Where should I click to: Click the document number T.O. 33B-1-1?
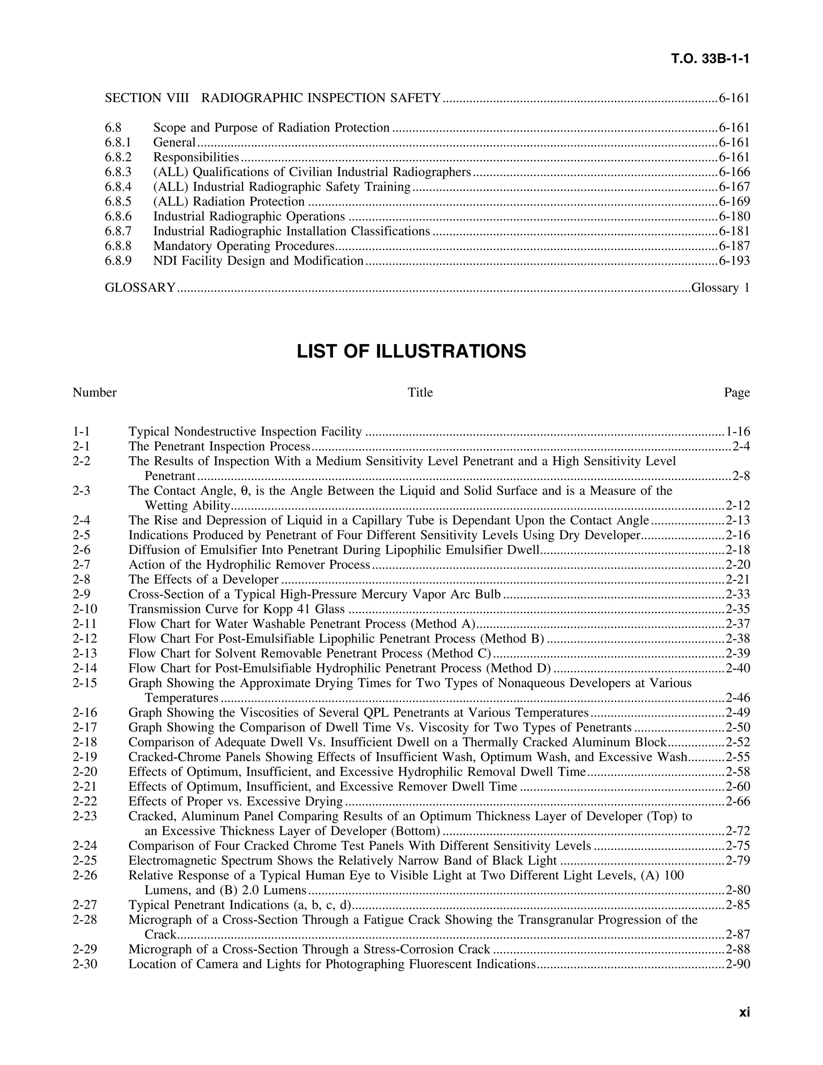[x=710, y=59]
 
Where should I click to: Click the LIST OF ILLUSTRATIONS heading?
[x=411, y=351]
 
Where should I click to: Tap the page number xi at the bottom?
[x=744, y=1012]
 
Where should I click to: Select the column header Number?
[x=94, y=393]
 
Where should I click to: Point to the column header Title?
[x=420, y=393]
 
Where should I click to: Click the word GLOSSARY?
[x=140, y=288]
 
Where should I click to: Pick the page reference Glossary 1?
[x=720, y=288]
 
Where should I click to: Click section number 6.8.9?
[x=118, y=261]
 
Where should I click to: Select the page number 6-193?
[x=734, y=261]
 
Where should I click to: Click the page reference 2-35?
[x=738, y=609]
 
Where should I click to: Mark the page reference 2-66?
[x=738, y=802]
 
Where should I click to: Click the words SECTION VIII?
[x=147, y=98]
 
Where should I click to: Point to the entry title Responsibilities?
[x=196, y=157]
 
